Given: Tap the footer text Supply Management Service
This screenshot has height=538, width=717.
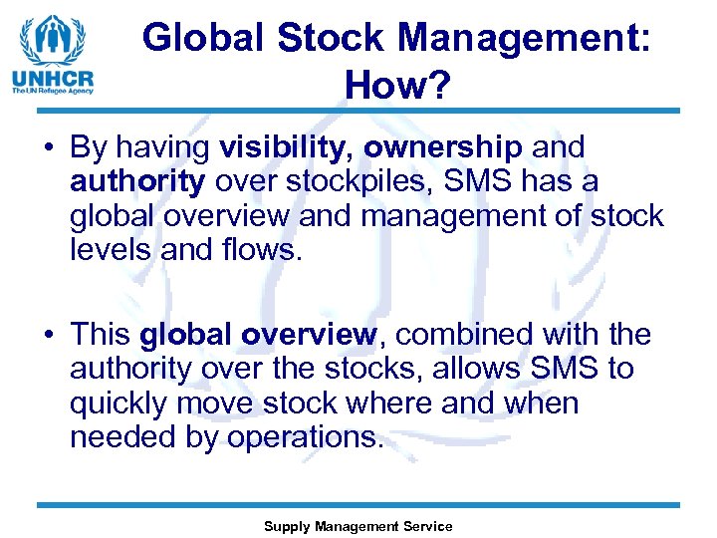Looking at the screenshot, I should click(x=358, y=526).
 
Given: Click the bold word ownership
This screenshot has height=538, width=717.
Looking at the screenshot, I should click(x=442, y=147).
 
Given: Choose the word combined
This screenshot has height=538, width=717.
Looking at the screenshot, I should click(x=462, y=335).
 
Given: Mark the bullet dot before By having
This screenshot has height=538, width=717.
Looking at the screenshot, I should click(x=48, y=148).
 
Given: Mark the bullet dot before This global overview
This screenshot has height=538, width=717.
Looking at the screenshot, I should click(x=48, y=336).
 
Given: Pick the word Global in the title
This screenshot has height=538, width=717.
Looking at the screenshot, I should click(x=204, y=38).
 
